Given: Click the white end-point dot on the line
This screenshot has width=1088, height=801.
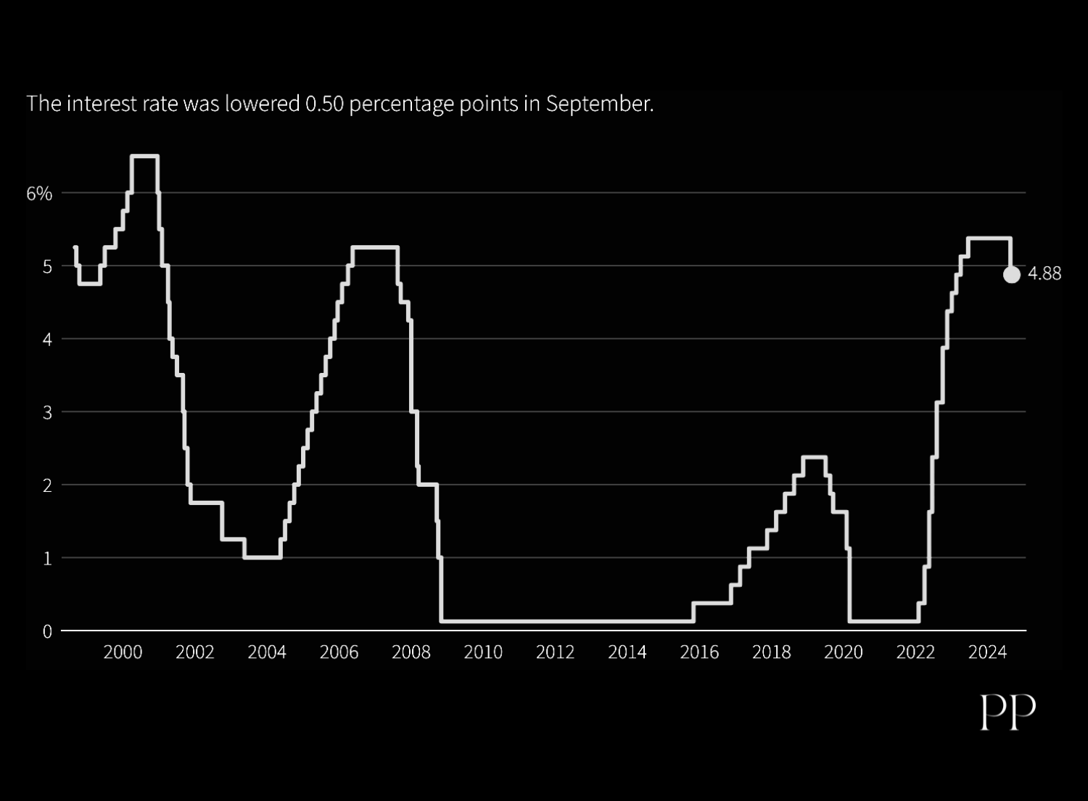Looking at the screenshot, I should coord(1011,274).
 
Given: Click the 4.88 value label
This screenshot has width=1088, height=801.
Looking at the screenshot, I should coord(1044,274).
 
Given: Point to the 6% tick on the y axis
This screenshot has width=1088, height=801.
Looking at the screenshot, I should coord(39,194).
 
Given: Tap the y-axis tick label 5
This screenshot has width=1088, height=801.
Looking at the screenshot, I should coord(47,267).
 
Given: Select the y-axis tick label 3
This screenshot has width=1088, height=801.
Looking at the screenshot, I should coord(47,413).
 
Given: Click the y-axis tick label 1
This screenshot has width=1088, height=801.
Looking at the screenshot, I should coord(47,559).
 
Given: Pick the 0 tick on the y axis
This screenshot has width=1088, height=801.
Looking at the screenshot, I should coord(47,632).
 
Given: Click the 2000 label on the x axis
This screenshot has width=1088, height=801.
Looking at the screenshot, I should coord(123,652).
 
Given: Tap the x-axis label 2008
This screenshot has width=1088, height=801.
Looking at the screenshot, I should coord(411,652).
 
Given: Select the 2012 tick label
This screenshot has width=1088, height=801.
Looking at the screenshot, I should coord(555,652).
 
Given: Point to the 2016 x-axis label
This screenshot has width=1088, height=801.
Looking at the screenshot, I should coord(699,652).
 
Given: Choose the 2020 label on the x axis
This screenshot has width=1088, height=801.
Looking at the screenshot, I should coord(844,652).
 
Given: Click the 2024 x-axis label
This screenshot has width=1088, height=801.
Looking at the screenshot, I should coord(987,652).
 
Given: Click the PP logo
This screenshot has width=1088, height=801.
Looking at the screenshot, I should coord(1007,712).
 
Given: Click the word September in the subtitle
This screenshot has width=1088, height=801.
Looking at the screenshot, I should coord(599,104).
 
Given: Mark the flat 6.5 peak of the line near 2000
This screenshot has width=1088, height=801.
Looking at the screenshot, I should coord(144,156).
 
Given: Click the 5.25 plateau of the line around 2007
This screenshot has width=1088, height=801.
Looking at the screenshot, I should coord(375,247).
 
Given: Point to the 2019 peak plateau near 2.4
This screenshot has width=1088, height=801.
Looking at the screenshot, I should coord(814,457).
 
